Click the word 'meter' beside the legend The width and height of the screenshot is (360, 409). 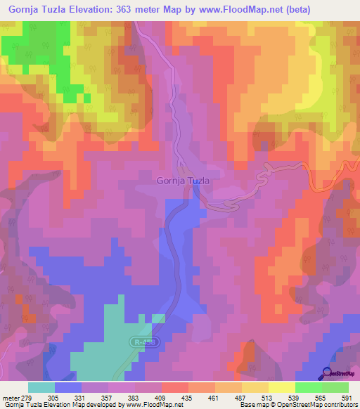[10, 398]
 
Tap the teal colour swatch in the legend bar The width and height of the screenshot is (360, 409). [41, 387]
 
